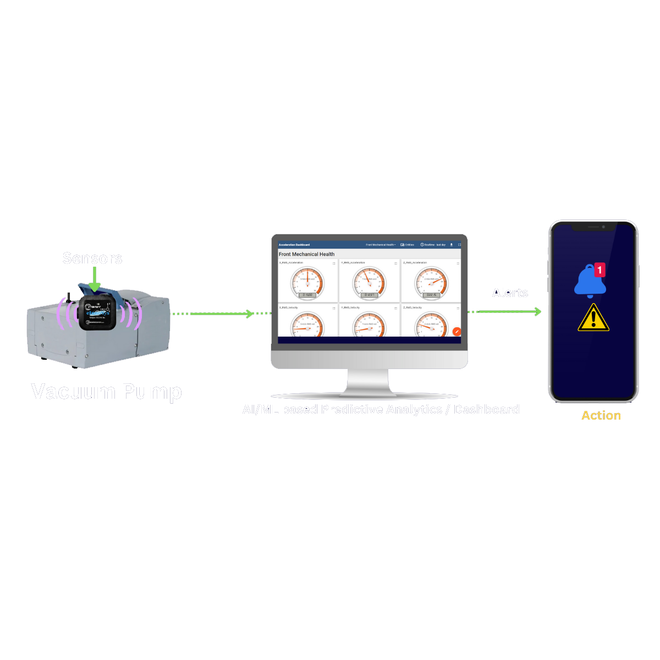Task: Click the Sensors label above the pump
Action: point(92,258)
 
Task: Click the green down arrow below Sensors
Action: point(95,279)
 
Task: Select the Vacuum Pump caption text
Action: point(106,392)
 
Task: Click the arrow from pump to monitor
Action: point(220,313)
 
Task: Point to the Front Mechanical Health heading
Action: point(306,254)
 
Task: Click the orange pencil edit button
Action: point(457,331)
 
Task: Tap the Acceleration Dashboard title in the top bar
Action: point(294,245)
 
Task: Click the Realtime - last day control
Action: point(433,245)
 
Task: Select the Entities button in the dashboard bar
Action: point(408,245)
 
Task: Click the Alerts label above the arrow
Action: point(510,293)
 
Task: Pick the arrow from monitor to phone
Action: point(505,312)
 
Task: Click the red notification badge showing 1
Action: point(600,269)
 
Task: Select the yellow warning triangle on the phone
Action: point(593,318)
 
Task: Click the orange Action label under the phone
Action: point(601,416)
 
